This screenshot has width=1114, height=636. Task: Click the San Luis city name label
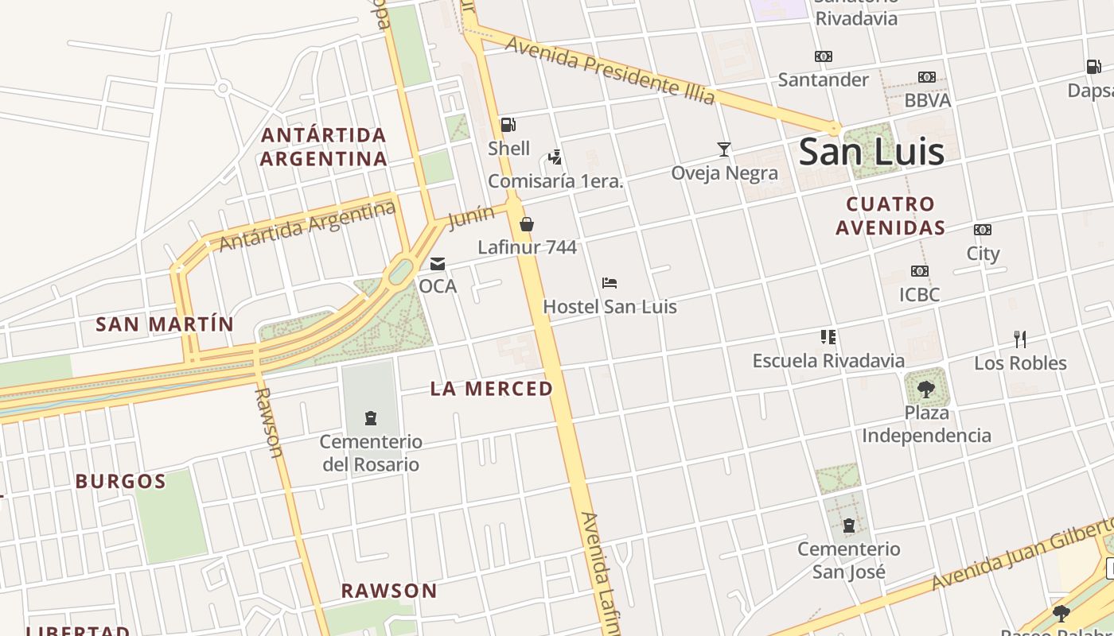point(871,152)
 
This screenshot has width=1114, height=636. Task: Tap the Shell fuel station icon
point(508,125)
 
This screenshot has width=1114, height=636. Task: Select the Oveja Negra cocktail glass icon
point(724,149)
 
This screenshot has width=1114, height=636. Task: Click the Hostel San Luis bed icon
point(610,283)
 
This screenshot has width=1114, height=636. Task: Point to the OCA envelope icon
point(438,264)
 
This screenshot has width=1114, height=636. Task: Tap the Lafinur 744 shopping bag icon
point(527,224)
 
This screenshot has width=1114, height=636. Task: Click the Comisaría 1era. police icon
point(555,157)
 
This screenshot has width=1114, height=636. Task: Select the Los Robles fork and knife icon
point(1020,339)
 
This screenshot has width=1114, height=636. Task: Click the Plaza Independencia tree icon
point(926,389)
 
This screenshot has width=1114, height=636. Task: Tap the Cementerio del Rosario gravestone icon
point(370,417)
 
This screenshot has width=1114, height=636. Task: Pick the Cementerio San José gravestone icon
point(849,525)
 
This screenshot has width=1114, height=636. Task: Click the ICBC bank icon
point(920,271)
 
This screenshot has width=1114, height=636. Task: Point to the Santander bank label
point(824,79)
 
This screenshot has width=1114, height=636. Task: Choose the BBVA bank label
point(928,100)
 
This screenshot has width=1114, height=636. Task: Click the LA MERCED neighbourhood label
point(492,389)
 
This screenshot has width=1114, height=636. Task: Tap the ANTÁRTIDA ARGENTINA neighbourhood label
point(324,146)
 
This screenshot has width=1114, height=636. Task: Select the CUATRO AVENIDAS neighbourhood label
point(890,215)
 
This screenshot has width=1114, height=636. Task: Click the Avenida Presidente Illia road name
point(610,71)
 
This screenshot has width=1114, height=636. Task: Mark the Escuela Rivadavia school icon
point(828,337)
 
